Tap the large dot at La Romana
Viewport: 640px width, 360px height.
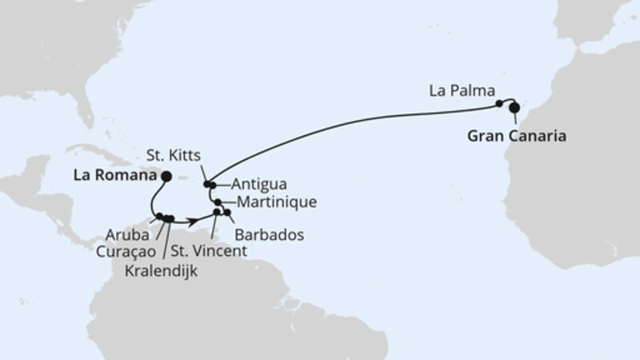coord(166,177)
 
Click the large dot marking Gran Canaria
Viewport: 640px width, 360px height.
coord(514,107)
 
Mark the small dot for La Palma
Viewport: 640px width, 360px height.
coord(499,103)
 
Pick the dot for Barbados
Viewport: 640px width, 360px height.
coord(228,213)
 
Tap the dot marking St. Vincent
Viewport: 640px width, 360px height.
coord(217,213)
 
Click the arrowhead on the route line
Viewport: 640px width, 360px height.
coord(194,218)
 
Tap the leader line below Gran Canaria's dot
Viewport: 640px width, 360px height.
coord(516,118)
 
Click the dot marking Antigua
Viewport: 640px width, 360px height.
coord(213,185)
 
